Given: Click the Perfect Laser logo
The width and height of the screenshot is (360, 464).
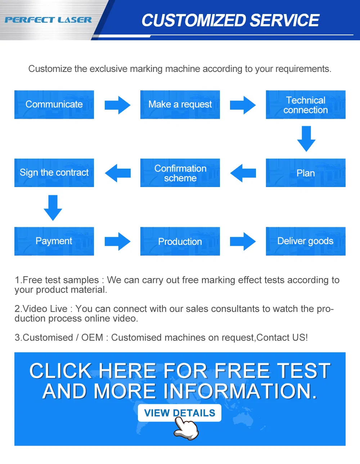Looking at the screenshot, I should [48, 20].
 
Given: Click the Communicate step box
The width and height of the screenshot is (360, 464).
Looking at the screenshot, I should [54, 105].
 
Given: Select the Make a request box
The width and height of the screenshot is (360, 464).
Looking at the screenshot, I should [180, 105].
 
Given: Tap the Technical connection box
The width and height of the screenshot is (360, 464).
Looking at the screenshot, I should [306, 105].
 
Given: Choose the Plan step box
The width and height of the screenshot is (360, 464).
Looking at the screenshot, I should [306, 173].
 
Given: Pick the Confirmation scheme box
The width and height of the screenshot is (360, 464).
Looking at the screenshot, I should [180, 173].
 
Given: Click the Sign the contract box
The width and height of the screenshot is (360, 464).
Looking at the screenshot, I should [54, 173].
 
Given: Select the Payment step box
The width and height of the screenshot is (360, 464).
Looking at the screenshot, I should [54, 241].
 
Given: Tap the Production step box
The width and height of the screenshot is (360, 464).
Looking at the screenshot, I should [180, 241].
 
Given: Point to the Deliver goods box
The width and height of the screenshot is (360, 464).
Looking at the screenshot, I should [306, 241].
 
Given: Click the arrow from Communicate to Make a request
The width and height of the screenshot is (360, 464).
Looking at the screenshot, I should [117, 105].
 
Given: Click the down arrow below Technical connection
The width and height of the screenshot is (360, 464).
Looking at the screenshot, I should [306, 138].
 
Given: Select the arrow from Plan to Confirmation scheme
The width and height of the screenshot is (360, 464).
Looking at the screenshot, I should [243, 173].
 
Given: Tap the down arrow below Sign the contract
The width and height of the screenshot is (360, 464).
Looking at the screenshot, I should [53, 208].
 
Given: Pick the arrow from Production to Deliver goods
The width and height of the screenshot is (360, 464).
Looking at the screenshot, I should [243, 241].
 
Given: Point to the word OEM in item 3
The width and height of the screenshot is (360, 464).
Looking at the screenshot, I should [92, 338].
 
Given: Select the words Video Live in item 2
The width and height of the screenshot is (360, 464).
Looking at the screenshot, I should [45, 309].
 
